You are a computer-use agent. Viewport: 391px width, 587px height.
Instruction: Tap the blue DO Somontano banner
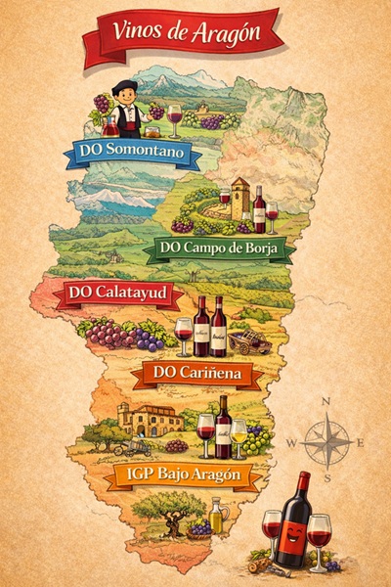click(132, 153)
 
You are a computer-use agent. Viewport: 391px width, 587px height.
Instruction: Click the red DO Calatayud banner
click(117, 293)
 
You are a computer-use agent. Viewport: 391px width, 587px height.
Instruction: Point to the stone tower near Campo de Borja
click(239, 199)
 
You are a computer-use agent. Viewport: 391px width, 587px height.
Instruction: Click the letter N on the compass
click(326, 402)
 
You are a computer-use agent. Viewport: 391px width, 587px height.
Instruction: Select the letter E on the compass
click(360, 443)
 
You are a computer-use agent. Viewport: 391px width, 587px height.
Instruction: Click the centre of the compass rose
click(326, 443)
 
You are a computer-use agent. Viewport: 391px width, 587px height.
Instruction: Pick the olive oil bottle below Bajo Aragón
click(216, 516)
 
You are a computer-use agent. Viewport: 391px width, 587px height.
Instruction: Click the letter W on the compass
click(291, 443)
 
